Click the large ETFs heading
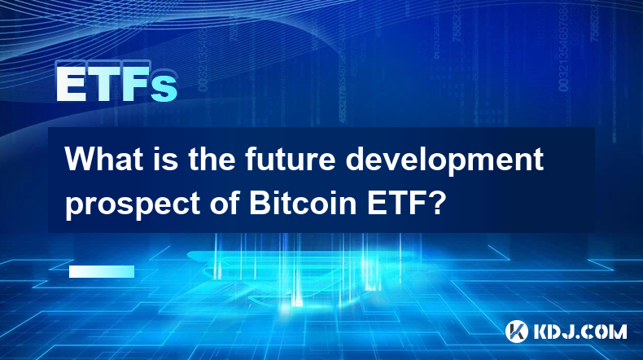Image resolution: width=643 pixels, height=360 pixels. pos(117,85)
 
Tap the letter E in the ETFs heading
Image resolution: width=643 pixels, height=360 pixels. pos(71,85)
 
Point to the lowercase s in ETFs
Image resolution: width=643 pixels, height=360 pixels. pos(164,89)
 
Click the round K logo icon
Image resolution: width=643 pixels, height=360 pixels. pos(516,331)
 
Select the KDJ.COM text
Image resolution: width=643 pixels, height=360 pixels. pos(580,331)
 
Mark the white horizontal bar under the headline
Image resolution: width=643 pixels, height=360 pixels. pos(102,271)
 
